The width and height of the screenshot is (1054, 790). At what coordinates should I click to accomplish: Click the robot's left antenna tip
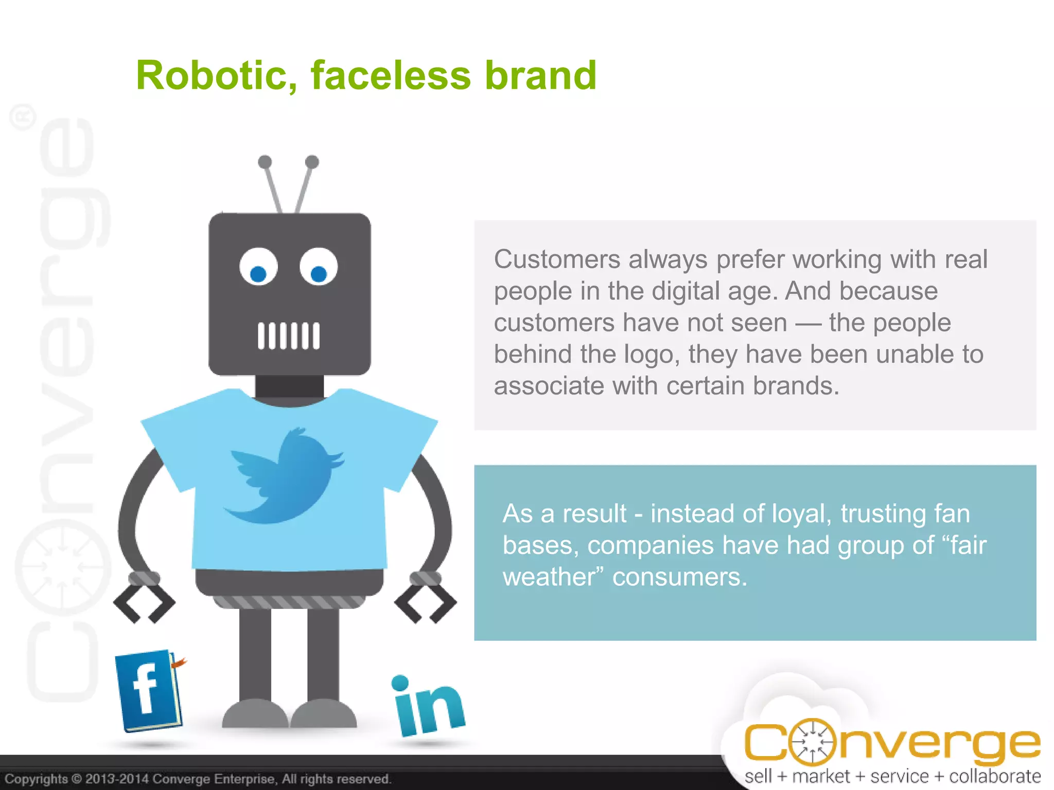pos(265,162)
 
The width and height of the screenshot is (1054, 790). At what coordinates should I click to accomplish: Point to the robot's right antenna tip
pos(312,162)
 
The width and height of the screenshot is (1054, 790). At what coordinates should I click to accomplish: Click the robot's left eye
pos(258,267)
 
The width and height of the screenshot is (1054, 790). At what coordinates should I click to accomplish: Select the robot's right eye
pos(319,267)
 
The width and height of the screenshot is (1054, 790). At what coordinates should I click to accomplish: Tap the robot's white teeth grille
pos(289,336)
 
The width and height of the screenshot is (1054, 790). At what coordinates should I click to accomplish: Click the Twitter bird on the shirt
pos(286,476)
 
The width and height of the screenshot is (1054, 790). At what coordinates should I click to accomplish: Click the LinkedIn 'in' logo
pos(428,707)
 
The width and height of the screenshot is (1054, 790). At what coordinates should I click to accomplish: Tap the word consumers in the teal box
pos(679,577)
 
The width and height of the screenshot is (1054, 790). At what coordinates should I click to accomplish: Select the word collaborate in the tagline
pos(994,776)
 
